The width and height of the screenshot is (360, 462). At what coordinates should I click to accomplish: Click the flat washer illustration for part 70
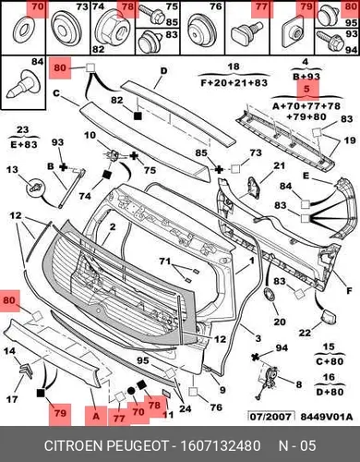click(x=21, y=31)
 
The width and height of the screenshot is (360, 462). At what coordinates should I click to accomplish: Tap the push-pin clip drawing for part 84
click(x=23, y=84)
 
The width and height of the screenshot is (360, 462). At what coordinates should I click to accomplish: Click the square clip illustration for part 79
click(x=292, y=32)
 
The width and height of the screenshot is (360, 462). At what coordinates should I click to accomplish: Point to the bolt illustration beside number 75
click(x=151, y=14)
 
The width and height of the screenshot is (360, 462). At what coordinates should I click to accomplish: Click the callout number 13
click(x=12, y=170)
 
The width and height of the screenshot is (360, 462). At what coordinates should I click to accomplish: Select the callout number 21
click(x=279, y=165)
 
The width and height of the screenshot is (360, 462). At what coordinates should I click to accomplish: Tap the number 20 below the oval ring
click(x=280, y=322)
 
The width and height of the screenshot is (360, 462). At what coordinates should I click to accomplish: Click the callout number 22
click(x=305, y=333)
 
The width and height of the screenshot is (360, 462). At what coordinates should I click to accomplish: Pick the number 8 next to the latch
click(x=298, y=384)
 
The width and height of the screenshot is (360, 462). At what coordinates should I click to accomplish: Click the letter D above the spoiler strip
click(x=164, y=71)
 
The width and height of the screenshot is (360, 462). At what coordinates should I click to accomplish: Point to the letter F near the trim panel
click(x=349, y=290)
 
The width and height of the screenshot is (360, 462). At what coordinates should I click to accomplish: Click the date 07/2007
click(x=270, y=417)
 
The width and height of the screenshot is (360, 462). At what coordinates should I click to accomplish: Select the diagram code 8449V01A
click(x=327, y=417)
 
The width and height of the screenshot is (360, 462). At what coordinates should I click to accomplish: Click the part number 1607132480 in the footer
click(x=221, y=445)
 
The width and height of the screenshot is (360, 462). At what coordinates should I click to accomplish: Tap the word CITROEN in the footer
click(x=73, y=445)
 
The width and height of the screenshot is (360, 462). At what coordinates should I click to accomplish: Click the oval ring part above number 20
click(x=270, y=295)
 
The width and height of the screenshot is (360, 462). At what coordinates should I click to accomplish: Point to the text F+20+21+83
click(x=234, y=83)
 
